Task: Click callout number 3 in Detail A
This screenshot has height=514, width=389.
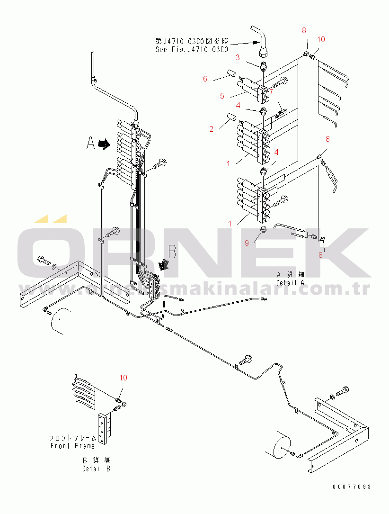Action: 238,58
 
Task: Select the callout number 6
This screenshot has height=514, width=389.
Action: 205,79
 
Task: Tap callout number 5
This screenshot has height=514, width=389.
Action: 222,96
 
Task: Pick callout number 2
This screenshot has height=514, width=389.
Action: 211,128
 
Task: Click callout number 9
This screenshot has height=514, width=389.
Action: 247,243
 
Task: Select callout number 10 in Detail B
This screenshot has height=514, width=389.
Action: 123,378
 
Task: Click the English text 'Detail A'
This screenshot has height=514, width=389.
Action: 291,282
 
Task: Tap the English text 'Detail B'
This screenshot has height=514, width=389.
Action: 96,469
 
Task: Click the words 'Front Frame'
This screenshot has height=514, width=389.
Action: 72,446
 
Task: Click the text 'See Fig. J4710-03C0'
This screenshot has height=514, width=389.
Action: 192,49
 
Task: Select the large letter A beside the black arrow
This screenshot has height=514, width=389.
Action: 91,143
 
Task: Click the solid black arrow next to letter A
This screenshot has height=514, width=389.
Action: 103,144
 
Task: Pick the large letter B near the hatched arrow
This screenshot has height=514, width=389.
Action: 172,252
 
